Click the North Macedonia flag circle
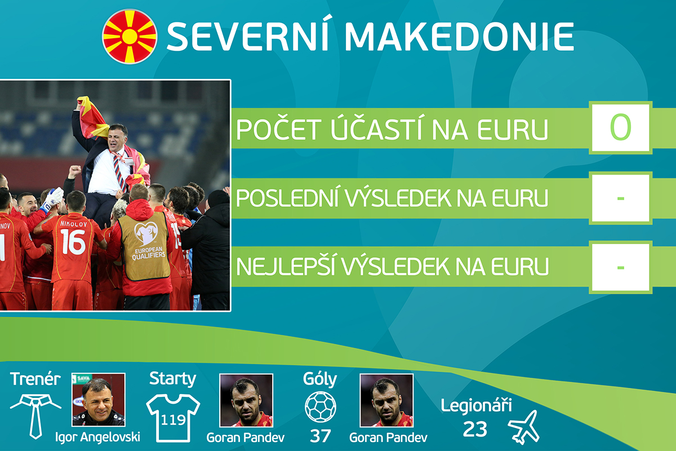pos(130,37)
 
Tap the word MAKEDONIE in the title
pos(459,36)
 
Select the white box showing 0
pos(620,127)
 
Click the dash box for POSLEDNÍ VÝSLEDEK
pos(620,198)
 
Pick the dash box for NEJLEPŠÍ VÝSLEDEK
pos(620,267)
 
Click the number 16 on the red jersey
pos(73,242)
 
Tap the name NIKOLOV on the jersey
pos(74,224)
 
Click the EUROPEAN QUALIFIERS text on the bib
pos(149,253)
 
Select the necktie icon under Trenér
pos(35,416)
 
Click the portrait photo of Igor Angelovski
pos(99,400)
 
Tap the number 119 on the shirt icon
pos(173,419)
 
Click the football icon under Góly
pos(320,406)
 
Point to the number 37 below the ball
pos(320,436)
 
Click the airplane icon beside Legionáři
pos(524,427)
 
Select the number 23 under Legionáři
pos(475,429)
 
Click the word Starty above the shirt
pos(172,379)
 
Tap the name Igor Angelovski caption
pos(97,437)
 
